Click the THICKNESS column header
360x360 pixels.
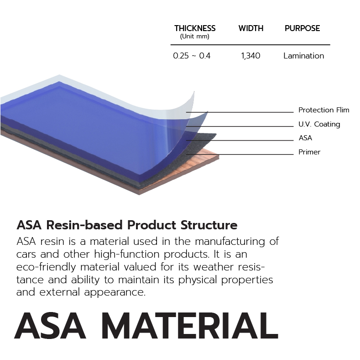coord(195,28)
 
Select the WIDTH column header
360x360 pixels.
coord(251,28)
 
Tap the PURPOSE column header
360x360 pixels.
coord(303,28)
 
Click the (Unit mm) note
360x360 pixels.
coord(195,37)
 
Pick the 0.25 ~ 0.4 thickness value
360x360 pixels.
coord(192,56)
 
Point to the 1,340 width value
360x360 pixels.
coord(250,56)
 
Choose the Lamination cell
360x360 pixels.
coord(304,56)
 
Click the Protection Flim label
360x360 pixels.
coord(323,110)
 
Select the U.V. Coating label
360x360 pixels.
coord(319,124)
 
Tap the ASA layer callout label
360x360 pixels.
coord(305,138)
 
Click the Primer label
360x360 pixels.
coord(309,152)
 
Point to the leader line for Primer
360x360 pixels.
coord(240,154)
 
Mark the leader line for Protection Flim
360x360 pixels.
coord(240,112)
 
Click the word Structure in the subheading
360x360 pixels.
coord(209,225)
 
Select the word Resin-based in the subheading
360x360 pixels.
coord(84,225)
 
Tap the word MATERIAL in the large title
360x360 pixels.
coord(190,326)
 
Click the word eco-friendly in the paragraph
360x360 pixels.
coord(46,267)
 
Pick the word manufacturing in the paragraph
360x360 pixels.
coord(230,242)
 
